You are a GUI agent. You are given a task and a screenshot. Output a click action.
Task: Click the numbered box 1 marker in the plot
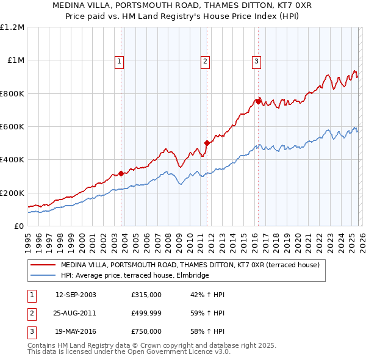[119, 61]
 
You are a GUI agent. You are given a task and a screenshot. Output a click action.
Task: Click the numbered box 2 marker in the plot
[206, 61]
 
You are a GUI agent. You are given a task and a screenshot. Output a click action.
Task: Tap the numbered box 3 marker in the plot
[256, 61]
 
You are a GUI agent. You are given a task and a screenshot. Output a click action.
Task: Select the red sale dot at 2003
[121, 173]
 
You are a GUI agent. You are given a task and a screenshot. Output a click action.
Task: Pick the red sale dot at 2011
[207, 143]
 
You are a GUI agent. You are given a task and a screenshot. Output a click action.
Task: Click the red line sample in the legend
[43, 265]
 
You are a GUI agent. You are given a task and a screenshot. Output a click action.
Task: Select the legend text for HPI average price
[135, 276]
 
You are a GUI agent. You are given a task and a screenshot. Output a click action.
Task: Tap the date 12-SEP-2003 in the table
[76, 295]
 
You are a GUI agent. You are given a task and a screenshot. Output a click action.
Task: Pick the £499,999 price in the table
[146, 313]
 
